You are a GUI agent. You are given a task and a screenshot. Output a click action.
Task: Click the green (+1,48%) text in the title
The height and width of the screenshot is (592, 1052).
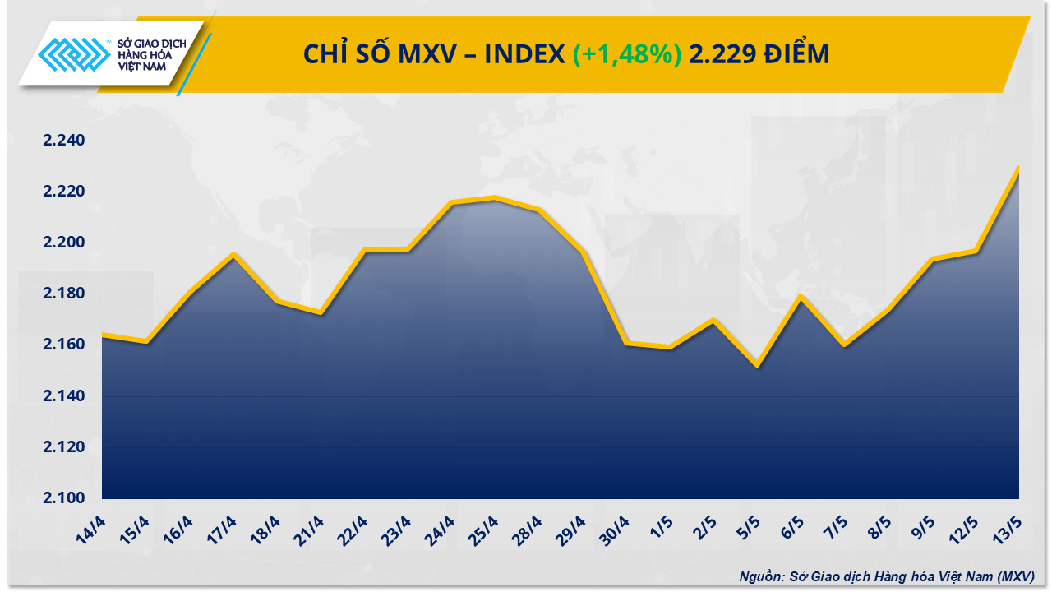tap(626, 54)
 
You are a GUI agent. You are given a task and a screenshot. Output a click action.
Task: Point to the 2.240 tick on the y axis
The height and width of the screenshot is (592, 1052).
tap(64, 141)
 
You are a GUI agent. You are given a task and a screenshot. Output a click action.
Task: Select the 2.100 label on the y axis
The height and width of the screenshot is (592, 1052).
tap(64, 498)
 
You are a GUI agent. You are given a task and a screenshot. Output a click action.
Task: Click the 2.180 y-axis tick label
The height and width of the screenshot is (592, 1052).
tap(64, 294)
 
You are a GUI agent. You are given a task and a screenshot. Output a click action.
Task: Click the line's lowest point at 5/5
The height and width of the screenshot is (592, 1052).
tap(757, 366)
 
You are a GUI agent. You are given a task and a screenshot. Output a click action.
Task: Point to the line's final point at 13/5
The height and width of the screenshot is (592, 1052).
tap(1018, 168)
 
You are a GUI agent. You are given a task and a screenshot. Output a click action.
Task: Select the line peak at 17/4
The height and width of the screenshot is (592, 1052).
tap(233, 255)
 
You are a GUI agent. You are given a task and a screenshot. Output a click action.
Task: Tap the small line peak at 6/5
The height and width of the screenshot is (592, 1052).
tap(800, 296)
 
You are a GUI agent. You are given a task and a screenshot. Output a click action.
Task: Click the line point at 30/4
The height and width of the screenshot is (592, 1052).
tap(626, 343)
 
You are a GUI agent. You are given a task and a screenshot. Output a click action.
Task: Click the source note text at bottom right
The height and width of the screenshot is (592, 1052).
tap(886, 576)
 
